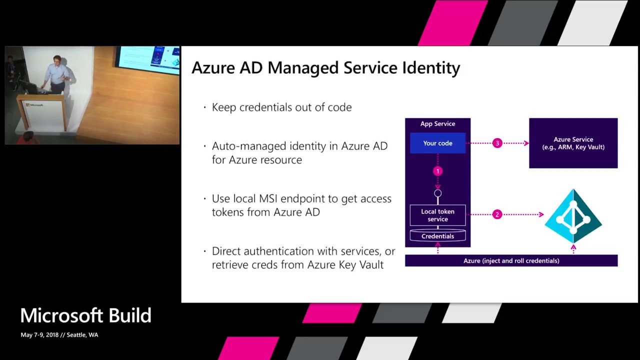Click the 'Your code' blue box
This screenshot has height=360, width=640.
pos(437,143)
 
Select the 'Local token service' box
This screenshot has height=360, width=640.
pos(437,215)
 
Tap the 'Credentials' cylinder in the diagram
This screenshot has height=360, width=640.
pos(437,236)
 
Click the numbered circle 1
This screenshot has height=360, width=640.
pos(437,171)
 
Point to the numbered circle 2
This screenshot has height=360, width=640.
pos(497,214)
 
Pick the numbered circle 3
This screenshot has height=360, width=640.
pos(497,143)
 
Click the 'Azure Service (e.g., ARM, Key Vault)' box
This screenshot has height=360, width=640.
pos(573,143)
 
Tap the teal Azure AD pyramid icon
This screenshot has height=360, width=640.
pos(573,216)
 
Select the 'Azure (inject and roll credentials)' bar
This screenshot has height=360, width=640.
pos(511,260)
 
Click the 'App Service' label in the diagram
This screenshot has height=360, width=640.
pos(437,123)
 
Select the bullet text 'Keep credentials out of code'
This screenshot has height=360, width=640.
pos(281,107)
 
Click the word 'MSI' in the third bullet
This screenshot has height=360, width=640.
pos(270,198)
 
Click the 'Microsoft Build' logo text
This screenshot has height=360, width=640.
pos(85,315)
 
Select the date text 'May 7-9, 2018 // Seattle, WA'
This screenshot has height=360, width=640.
pos(59,335)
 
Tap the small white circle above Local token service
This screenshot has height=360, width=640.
pos(437,193)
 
